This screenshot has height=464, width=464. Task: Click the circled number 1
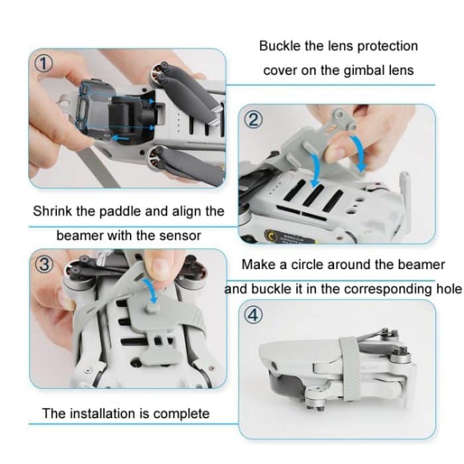coord(43,64)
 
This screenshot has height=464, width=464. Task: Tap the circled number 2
coord(255,120)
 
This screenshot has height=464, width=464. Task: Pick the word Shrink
coord(52,212)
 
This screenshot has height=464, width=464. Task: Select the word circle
coord(319,264)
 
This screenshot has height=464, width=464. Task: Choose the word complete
coord(182,414)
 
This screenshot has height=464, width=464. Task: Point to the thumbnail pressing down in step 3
coord(159,266)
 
